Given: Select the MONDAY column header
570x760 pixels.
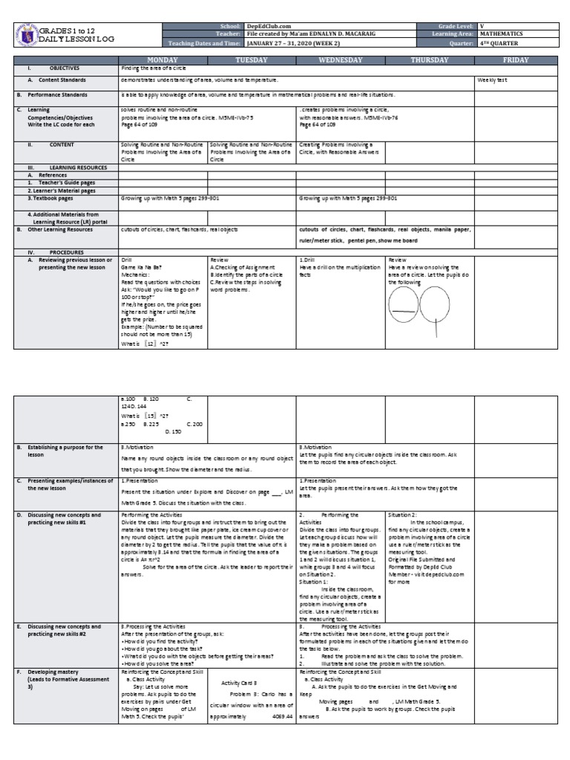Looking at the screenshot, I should click(163, 59).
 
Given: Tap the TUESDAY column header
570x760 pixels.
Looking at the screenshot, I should click(252, 59).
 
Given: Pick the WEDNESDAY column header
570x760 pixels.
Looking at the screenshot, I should click(341, 59).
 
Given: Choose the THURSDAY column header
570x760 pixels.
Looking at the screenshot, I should click(430, 59).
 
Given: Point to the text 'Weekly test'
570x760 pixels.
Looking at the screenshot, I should click(493, 80).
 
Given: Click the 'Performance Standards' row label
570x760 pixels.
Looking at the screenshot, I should click(58, 95).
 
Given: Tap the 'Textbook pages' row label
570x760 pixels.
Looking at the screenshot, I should click(51, 199).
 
